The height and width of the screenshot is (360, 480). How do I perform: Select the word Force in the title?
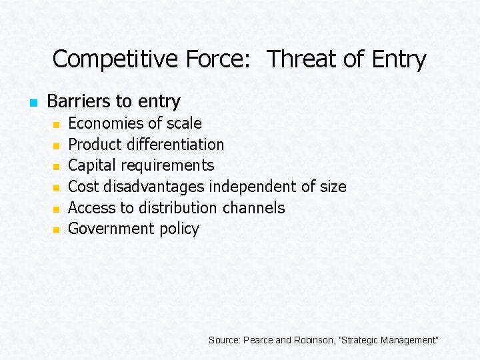(203, 59)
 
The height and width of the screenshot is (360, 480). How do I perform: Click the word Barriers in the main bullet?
(80, 101)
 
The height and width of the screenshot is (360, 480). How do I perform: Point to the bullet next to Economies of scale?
(57, 124)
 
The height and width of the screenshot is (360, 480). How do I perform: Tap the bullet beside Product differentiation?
(57, 145)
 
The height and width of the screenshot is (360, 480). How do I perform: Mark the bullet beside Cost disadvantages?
(57, 187)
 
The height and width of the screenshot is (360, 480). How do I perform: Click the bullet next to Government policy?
(57, 230)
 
